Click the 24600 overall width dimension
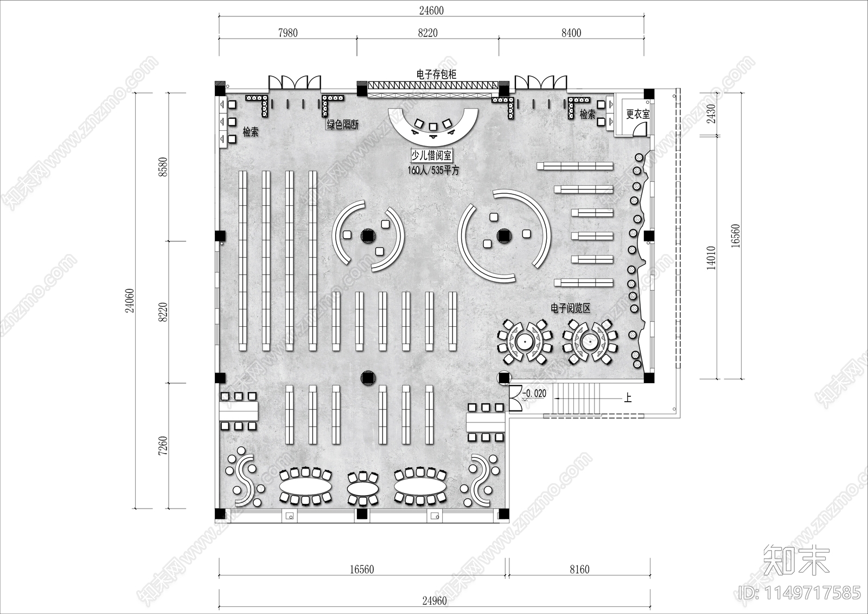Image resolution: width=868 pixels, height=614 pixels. [x=431, y=10]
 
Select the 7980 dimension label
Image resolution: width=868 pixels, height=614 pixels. [x=288, y=33]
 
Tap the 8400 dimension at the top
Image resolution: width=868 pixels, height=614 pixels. [x=571, y=33]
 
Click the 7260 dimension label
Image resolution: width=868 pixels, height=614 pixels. [x=163, y=446]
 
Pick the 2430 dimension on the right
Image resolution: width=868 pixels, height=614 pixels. [x=711, y=114]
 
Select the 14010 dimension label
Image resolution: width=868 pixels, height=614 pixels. [x=711, y=258]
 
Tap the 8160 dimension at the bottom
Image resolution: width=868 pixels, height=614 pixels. [x=580, y=569]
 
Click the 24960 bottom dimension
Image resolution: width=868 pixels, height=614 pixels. [x=435, y=601]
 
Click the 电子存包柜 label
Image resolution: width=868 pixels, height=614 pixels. [x=436, y=74]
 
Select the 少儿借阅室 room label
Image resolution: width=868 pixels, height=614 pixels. [x=432, y=156]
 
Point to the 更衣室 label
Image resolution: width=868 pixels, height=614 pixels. [x=638, y=114]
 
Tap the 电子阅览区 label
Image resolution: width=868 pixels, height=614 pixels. [x=570, y=308]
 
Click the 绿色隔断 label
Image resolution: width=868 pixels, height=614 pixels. [x=342, y=124]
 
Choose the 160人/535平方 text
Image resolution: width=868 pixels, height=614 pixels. [x=433, y=170]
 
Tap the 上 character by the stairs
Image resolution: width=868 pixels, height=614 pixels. [x=627, y=398]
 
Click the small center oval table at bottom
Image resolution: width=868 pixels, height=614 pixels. [x=363, y=489]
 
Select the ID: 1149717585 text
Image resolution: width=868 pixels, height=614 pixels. [x=800, y=593]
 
